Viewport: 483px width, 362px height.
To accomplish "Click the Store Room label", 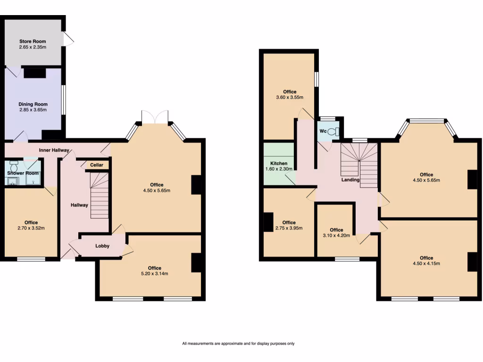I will click(x=33, y=41).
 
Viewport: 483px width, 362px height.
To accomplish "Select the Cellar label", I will click(x=97, y=165).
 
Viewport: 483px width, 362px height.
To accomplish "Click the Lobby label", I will click(x=102, y=246).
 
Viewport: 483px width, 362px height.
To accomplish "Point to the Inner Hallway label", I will click(x=54, y=150).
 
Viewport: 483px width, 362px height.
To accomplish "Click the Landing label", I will click(x=350, y=180).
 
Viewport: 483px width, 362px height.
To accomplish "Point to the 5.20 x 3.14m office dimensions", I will click(x=155, y=273).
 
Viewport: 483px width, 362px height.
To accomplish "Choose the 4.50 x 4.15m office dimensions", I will click(x=426, y=263).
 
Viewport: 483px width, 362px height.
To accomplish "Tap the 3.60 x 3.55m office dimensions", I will click(x=290, y=98).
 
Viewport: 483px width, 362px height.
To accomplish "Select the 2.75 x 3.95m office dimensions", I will click(x=289, y=228).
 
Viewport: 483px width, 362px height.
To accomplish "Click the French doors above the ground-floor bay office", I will click(x=154, y=116).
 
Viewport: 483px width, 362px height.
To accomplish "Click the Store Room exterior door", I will click(x=69, y=39).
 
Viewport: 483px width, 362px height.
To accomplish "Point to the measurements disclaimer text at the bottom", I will click(x=238, y=344).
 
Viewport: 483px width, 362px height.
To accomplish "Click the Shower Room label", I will click(x=23, y=173).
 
